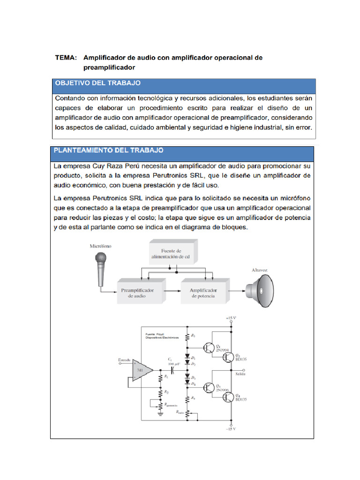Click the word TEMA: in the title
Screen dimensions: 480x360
(x=66, y=58)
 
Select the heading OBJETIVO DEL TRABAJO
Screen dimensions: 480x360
(x=98, y=83)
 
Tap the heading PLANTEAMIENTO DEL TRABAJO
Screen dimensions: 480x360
(x=109, y=151)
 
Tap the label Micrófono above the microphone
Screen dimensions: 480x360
(x=101, y=246)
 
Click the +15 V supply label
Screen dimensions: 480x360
(x=231, y=318)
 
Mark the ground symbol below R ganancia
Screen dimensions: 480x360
(x=160, y=412)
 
